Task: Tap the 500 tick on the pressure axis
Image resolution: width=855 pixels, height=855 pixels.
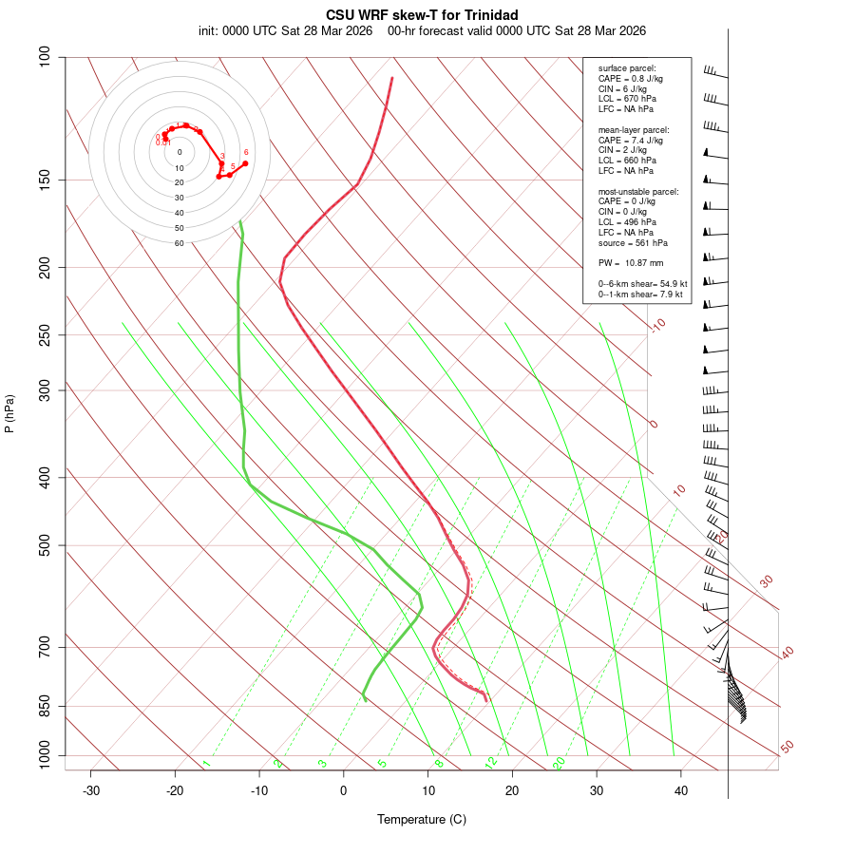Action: (46, 545)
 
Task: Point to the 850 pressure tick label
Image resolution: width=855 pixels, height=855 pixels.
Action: (46, 706)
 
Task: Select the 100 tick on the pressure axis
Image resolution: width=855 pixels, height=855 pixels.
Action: (46, 57)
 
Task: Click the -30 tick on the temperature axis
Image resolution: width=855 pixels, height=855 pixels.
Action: (91, 790)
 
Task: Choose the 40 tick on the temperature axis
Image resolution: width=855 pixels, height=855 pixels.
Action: (681, 790)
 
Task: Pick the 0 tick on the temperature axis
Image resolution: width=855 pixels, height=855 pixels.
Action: (344, 790)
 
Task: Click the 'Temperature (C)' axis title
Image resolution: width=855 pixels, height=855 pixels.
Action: (422, 819)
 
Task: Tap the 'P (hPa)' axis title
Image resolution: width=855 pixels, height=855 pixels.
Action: (9, 413)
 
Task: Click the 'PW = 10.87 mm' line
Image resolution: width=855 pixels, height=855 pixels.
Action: (631, 262)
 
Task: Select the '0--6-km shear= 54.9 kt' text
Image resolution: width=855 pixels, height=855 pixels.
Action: (642, 284)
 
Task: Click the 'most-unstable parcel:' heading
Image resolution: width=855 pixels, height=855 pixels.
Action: (638, 191)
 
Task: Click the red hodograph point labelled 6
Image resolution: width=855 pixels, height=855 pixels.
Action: (245, 163)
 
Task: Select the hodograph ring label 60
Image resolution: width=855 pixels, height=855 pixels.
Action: (179, 243)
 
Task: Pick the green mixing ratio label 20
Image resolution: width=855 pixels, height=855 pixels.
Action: (559, 762)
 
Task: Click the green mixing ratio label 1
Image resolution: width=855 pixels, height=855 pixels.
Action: (206, 763)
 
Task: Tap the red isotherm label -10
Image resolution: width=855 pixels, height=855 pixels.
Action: (657, 325)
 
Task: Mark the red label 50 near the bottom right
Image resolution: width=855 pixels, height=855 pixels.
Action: (787, 748)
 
